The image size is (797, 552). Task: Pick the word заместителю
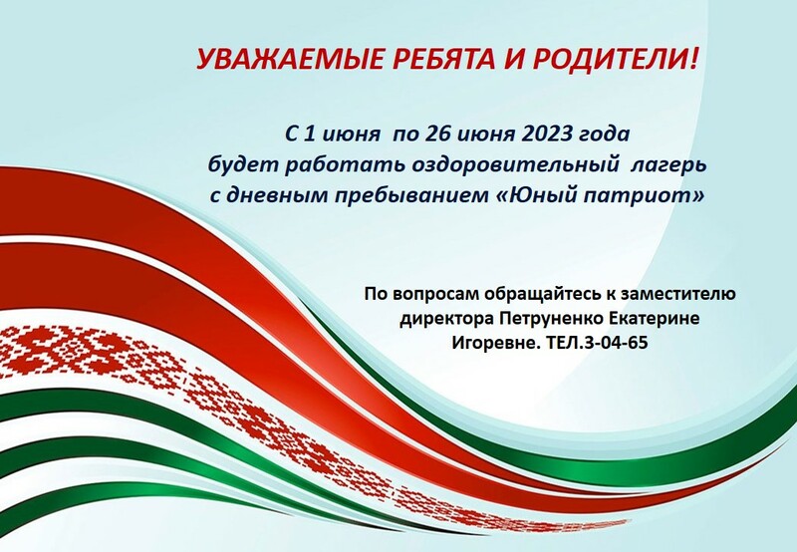[677, 294]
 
